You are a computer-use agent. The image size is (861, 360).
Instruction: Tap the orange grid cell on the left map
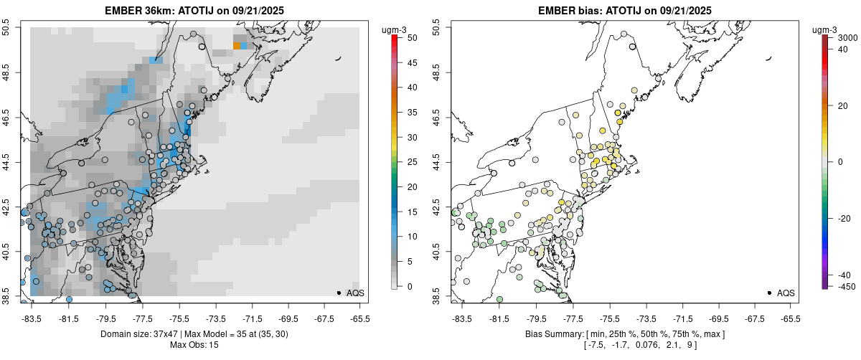pos(237,46)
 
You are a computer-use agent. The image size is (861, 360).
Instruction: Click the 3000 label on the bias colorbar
pos(848,37)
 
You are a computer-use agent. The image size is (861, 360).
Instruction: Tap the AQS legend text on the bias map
pos(786,293)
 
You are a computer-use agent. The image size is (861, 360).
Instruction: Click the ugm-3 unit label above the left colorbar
pos(395,29)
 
